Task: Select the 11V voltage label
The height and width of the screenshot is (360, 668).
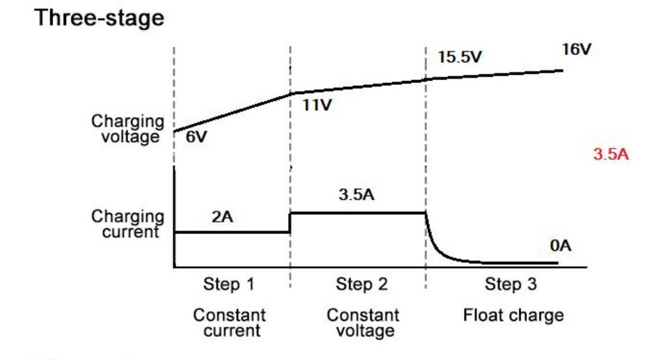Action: tap(317, 106)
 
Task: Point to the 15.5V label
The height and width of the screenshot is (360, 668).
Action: tap(459, 57)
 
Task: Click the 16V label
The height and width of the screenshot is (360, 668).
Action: tap(576, 50)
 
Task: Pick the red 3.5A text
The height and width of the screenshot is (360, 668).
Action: tap(610, 155)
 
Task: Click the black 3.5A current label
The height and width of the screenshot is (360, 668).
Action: tap(356, 194)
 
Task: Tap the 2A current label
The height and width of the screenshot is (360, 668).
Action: tap(222, 217)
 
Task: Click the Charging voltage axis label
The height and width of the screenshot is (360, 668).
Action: tap(129, 129)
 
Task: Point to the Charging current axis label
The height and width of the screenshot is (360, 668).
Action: tap(129, 224)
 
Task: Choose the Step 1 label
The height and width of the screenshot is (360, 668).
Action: tap(229, 284)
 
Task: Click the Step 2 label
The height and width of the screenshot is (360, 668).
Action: tap(363, 284)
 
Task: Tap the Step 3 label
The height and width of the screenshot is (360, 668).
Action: tap(511, 284)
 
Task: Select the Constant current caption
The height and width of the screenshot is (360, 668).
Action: tap(230, 322)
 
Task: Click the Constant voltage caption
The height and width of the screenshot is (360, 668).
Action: tap(363, 322)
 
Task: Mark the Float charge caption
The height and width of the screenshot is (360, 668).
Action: tap(514, 315)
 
